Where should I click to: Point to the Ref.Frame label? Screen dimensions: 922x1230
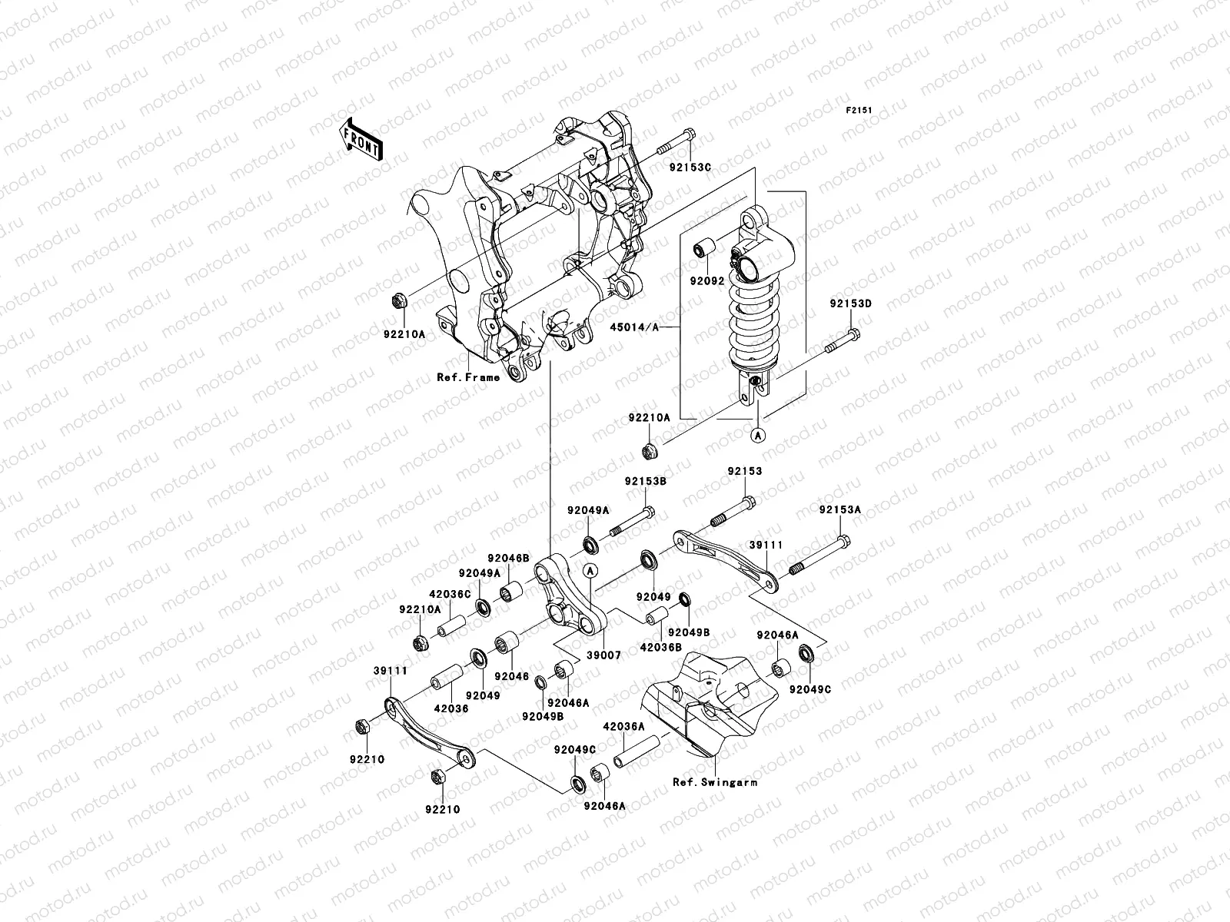468,377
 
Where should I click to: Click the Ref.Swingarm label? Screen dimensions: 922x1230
715,782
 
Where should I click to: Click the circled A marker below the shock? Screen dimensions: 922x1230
758,436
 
